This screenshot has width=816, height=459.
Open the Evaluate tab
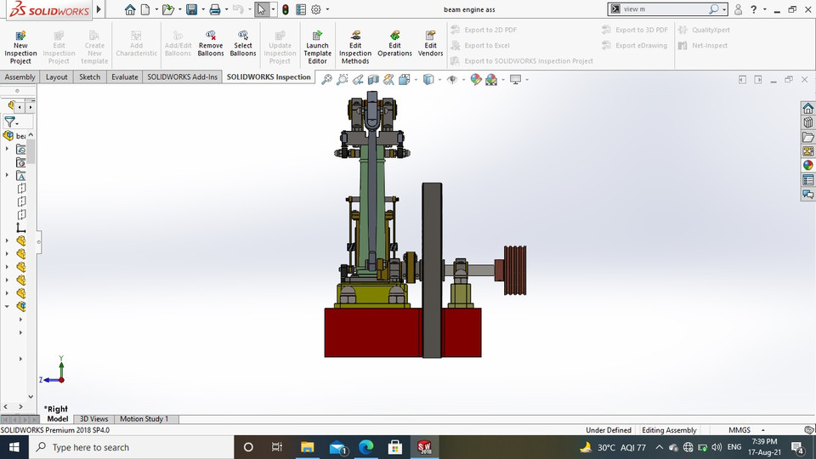click(x=124, y=76)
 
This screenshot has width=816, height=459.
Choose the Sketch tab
click(x=89, y=76)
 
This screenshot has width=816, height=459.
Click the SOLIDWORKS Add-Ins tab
click(x=182, y=76)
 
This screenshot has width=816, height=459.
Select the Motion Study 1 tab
click(x=144, y=419)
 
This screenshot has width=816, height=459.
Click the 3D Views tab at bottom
click(x=93, y=419)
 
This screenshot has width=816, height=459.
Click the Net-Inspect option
click(x=704, y=45)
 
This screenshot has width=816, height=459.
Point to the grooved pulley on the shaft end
click(x=515, y=270)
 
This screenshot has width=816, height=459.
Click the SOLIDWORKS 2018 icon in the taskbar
click(x=425, y=447)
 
